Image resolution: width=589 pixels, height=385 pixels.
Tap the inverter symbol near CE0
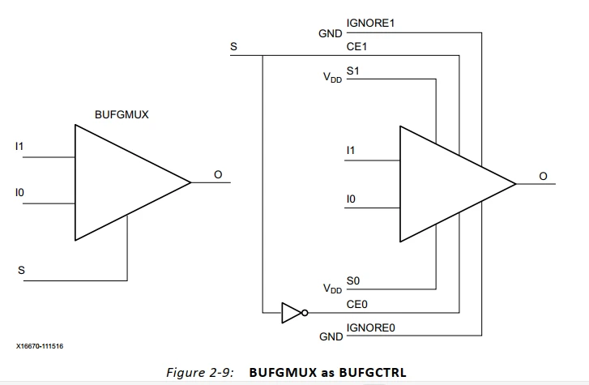tap(293, 312)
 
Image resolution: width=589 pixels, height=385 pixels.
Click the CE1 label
tap(356, 47)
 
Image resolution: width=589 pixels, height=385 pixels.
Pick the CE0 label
tap(356, 305)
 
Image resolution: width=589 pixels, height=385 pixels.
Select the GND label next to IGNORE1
tap(331, 35)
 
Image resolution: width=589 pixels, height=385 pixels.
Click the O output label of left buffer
tap(217, 174)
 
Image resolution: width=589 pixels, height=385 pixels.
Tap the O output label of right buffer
tap(543, 176)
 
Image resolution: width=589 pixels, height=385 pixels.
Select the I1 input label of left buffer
tap(19, 146)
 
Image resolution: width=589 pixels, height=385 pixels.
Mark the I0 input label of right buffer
tap(350, 199)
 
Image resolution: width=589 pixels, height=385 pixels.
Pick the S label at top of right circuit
tap(233, 47)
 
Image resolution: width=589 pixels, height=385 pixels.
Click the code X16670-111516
tap(40, 346)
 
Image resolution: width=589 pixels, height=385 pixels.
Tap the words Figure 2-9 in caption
tap(200, 372)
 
